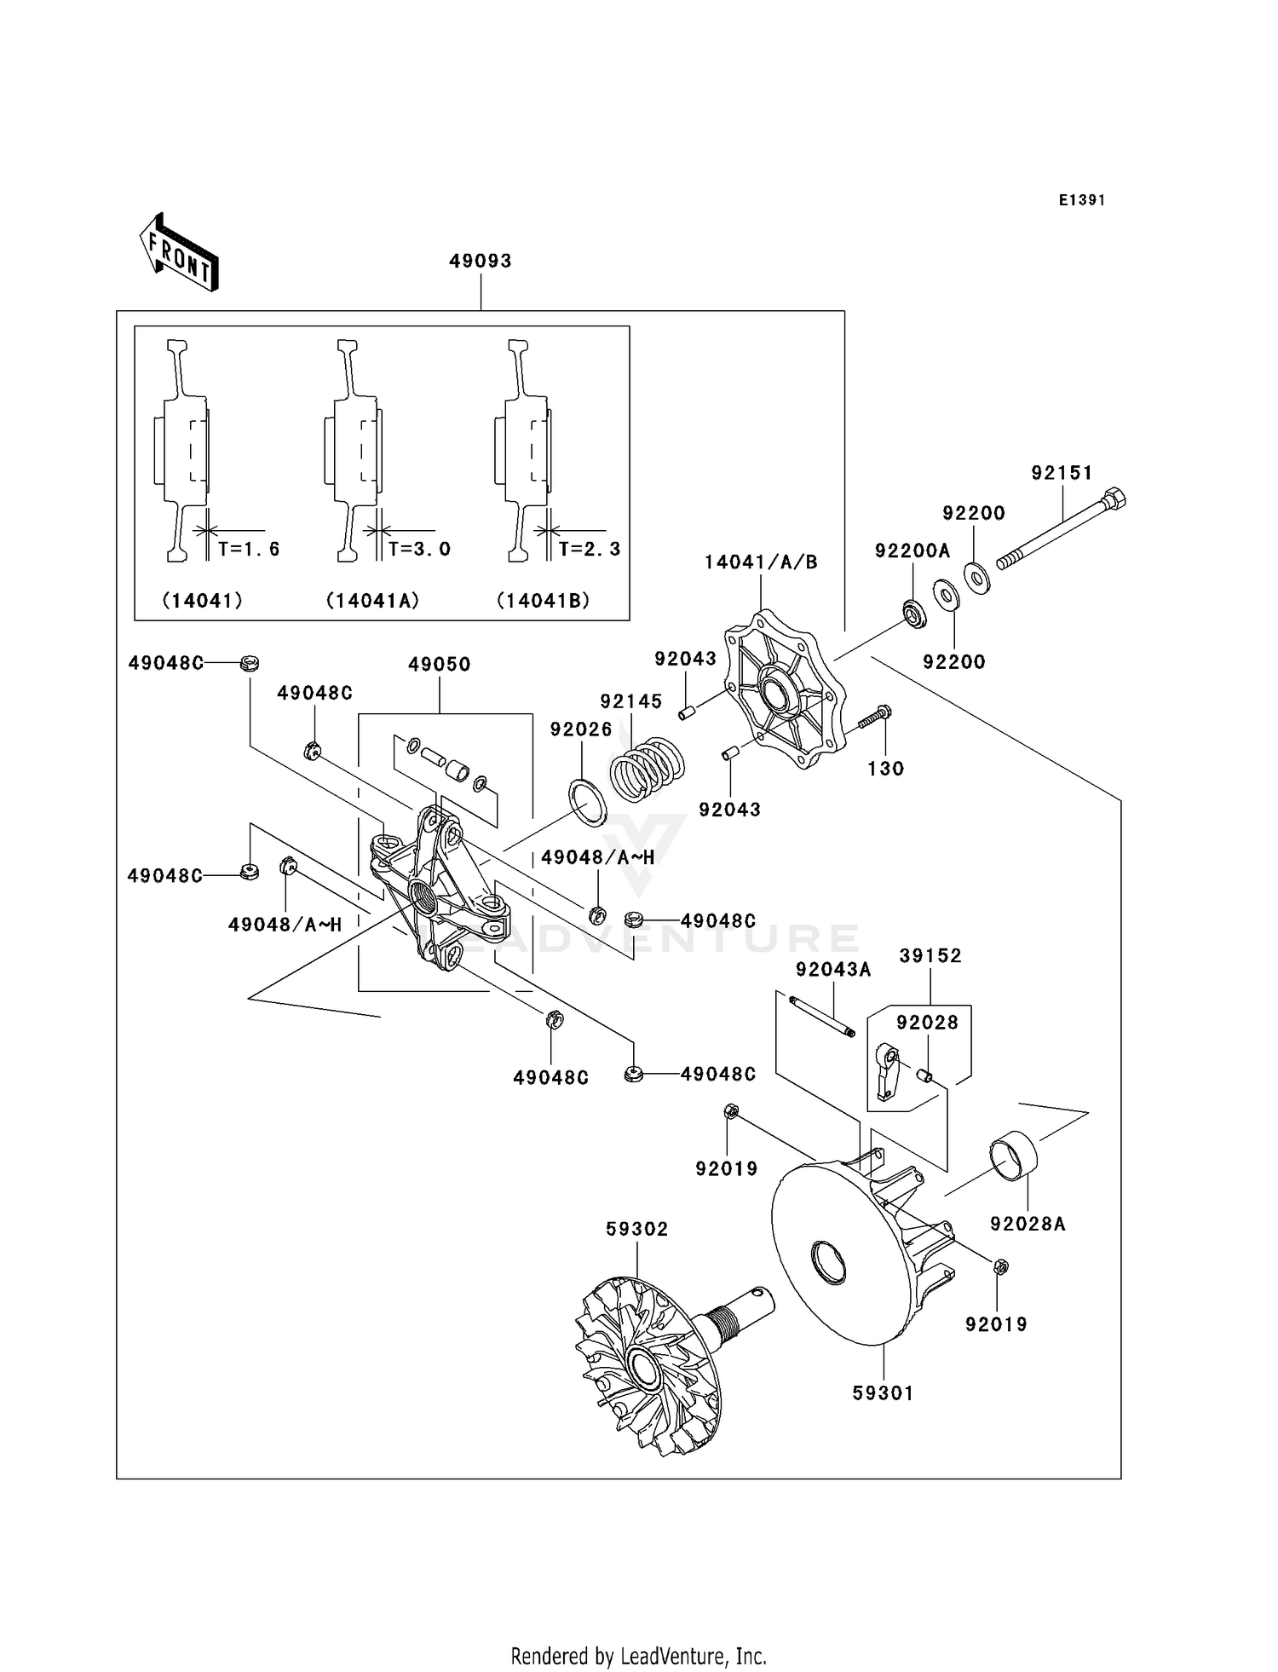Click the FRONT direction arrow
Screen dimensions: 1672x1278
179,254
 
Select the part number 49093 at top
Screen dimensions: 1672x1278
481,261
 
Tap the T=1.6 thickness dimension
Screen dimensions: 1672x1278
248,549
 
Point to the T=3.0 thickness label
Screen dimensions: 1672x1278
419,549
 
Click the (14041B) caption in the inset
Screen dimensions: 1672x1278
544,601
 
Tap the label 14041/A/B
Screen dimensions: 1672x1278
760,562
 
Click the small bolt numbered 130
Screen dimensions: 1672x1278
874,718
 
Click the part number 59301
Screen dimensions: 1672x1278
883,1393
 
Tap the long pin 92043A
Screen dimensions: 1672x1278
821,1017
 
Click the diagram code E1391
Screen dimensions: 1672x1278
1082,200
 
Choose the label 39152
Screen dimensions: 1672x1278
930,956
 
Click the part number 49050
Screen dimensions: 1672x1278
439,665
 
